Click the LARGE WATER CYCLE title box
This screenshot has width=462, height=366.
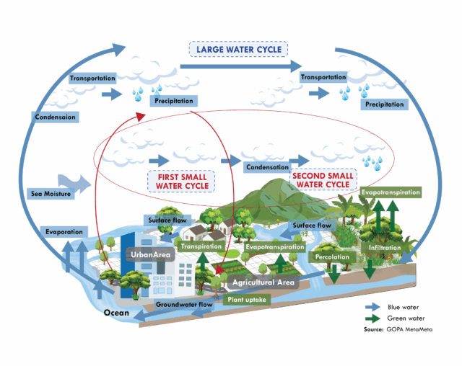[x=238, y=49]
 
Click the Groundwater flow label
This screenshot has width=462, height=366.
[x=185, y=305]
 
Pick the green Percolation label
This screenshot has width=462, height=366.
[x=333, y=256]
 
